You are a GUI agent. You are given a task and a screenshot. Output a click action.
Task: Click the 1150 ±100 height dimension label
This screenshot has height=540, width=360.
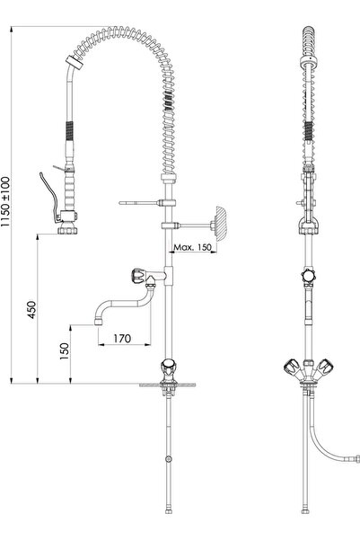[x=6, y=201]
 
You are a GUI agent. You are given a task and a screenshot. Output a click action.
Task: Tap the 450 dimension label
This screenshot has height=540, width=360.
[x=31, y=310]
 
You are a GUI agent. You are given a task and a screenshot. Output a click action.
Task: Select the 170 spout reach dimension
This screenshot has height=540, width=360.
[x=122, y=338]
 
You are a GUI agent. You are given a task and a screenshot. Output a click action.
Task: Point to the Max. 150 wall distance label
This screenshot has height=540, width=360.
[x=192, y=247]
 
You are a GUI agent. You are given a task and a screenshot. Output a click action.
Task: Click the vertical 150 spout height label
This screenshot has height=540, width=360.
[x=65, y=351]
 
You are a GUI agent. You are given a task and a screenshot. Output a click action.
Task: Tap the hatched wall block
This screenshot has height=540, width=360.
[x=221, y=224]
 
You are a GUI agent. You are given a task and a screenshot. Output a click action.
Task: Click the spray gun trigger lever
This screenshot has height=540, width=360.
[x=49, y=195]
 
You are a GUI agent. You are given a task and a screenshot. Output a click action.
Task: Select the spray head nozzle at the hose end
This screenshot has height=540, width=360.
[x=67, y=229]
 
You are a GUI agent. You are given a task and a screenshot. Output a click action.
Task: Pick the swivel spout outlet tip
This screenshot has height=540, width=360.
[x=99, y=322]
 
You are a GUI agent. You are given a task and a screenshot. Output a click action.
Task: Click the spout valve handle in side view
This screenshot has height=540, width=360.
[x=137, y=276]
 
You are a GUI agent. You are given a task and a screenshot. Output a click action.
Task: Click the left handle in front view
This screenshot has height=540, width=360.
[x=292, y=366]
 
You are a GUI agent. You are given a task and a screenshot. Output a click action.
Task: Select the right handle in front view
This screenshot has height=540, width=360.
[x=324, y=366]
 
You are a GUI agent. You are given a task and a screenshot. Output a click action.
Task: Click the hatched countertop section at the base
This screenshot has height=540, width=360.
[x=168, y=385]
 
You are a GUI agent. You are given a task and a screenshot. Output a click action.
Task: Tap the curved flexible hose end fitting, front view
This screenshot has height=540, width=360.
[x=358, y=459]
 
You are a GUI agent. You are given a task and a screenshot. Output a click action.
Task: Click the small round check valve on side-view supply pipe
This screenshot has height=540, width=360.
[x=168, y=459]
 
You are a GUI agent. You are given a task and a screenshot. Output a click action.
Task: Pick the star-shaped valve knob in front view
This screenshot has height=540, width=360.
[x=308, y=276]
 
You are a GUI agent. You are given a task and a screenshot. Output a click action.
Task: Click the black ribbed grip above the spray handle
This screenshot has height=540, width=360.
[x=69, y=131]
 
